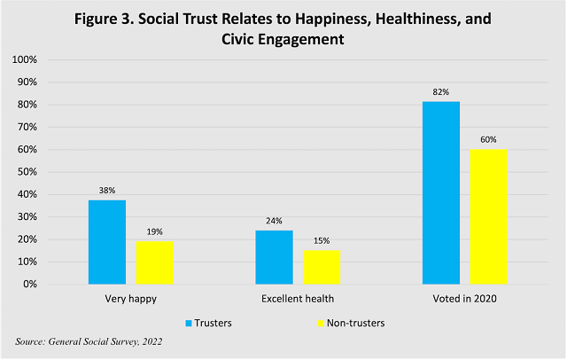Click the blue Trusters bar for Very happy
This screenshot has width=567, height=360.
point(107,242)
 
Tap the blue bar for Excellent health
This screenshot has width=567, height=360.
point(274,257)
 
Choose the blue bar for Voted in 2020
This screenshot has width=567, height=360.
point(440,192)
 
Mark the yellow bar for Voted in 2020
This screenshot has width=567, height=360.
point(488,216)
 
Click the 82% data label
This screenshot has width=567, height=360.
point(440,92)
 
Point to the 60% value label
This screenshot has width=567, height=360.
point(488,140)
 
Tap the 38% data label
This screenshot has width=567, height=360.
point(107,190)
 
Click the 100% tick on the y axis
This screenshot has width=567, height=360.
point(23,59)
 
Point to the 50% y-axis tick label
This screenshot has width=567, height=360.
point(26,172)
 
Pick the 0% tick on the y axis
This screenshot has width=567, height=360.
point(29,285)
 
